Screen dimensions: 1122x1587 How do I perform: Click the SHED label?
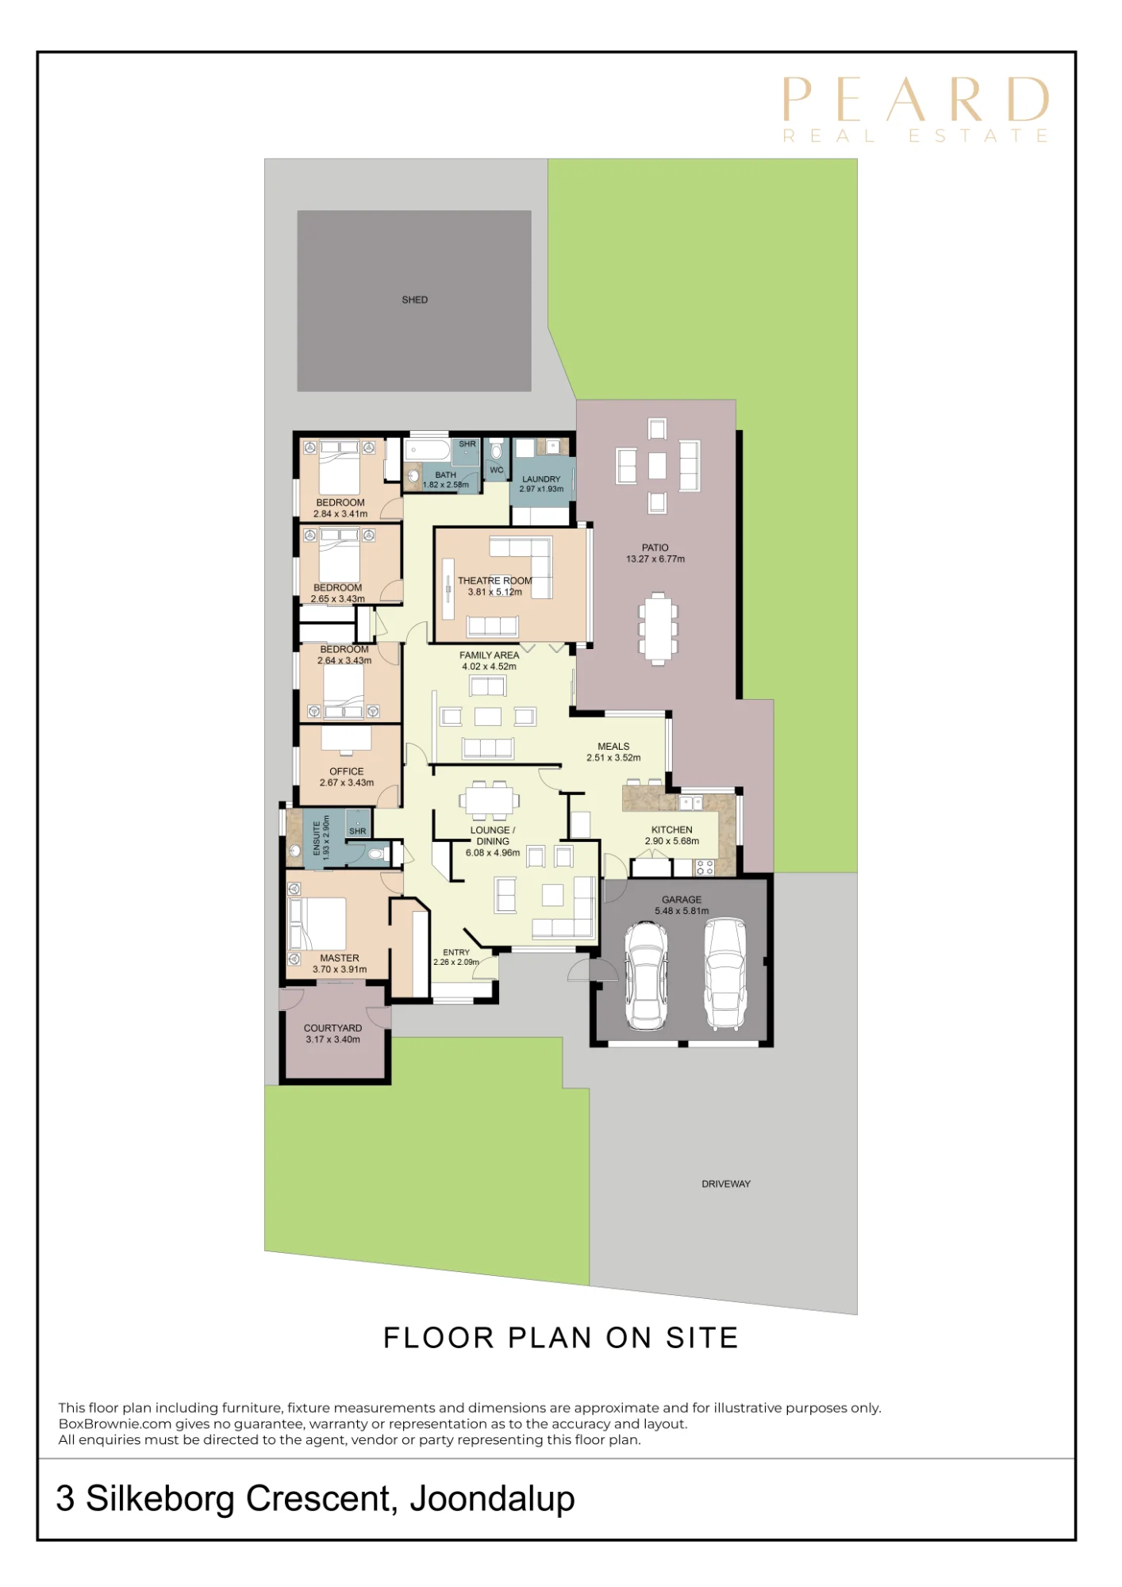click(x=414, y=300)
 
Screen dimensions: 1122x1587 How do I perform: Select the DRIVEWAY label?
click(x=726, y=1184)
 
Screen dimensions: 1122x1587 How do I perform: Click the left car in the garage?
click(x=646, y=975)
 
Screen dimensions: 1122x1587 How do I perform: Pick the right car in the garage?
click(x=724, y=974)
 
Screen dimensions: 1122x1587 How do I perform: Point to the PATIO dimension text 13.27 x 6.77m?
click(x=655, y=559)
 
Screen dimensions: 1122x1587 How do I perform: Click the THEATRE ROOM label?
click(x=495, y=581)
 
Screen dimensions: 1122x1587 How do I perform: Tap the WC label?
click(x=497, y=470)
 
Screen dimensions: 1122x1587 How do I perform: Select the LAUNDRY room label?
click(x=541, y=479)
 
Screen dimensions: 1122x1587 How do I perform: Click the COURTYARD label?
click(x=333, y=1028)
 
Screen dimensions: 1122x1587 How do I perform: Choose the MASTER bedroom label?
click(x=340, y=959)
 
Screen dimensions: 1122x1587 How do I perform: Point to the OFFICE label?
click(x=347, y=771)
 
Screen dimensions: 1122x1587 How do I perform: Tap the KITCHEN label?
click(x=672, y=830)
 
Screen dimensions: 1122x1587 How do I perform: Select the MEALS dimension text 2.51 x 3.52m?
click(x=613, y=758)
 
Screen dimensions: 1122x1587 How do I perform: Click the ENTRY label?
click(x=456, y=952)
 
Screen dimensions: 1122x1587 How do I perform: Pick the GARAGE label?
click(x=682, y=900)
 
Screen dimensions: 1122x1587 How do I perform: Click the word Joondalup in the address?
click(x=492, y=1499)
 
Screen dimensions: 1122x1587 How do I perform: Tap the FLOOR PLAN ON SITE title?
click(x=561, y=1338)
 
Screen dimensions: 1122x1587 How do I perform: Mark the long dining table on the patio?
click(x=658, y=628)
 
